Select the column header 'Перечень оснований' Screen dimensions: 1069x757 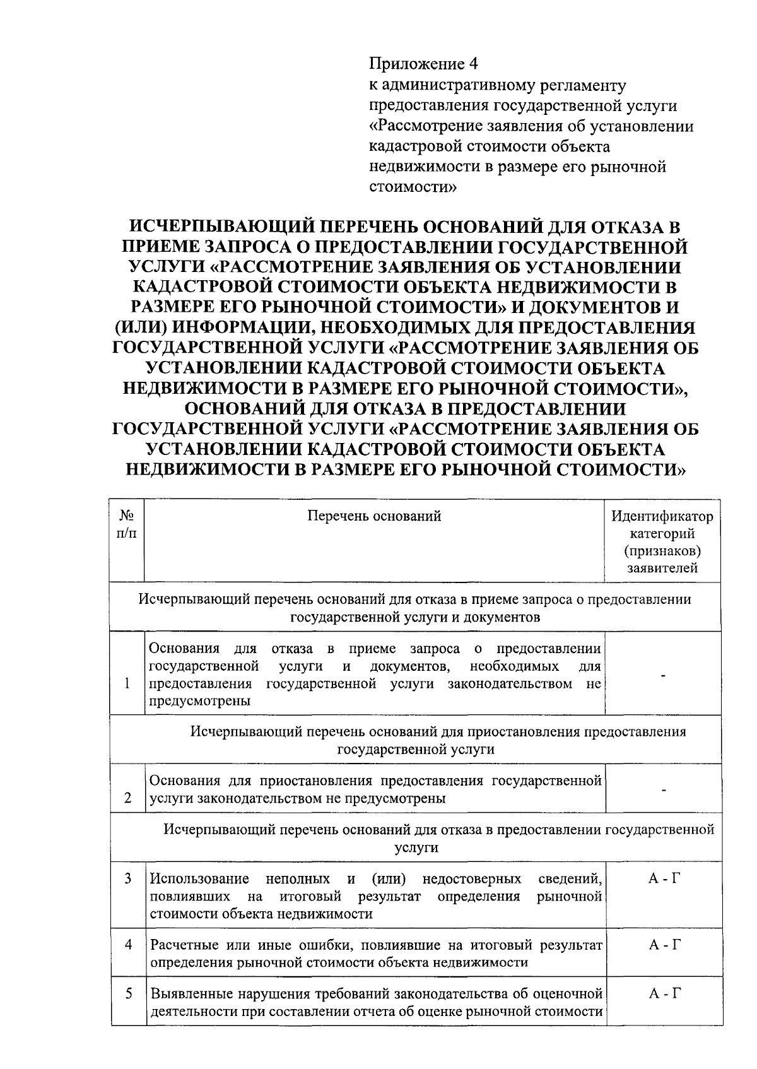[x=374, y=517]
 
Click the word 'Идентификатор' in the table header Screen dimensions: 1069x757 [x=662, y=517]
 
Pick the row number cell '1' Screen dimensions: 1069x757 [x=128, y=684]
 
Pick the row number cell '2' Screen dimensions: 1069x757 [x=128, y=798]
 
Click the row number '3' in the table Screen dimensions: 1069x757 [x=128, y=878]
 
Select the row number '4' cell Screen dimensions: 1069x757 [x=128, y=945]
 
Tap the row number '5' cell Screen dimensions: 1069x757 [x=128, y=994]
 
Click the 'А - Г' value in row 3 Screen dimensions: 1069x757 [x=662, y=879]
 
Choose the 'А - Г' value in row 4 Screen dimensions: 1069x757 [x=662, y=945]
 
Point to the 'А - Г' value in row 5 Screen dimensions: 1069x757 [x=662, y=994]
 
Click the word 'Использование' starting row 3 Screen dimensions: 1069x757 [x=199, y=879]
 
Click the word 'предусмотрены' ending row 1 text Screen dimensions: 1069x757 [x=199, y=701]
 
